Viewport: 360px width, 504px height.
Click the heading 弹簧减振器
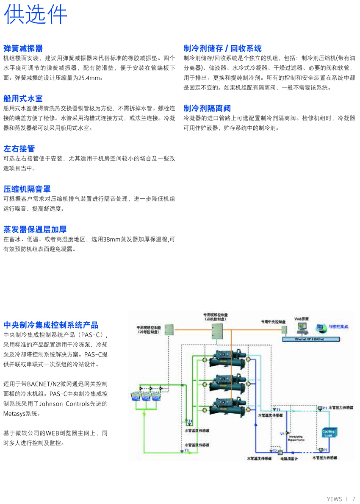point(23,48)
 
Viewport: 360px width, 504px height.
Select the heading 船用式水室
point(23,99)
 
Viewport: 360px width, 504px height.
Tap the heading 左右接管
point(19,149)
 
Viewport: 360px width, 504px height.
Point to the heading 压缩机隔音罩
point(27,189)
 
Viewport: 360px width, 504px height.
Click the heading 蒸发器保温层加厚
point(35,229)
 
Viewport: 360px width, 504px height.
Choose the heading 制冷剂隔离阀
point(207,109)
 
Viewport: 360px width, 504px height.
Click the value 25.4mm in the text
point(90,78)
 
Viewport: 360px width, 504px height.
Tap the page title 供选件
point(36,15)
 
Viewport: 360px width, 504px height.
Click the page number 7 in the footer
point(354,498)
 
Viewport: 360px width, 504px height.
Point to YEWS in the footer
point(334,499)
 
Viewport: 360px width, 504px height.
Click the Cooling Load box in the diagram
point(329,432)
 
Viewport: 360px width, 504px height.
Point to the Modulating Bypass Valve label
point(296,438)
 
